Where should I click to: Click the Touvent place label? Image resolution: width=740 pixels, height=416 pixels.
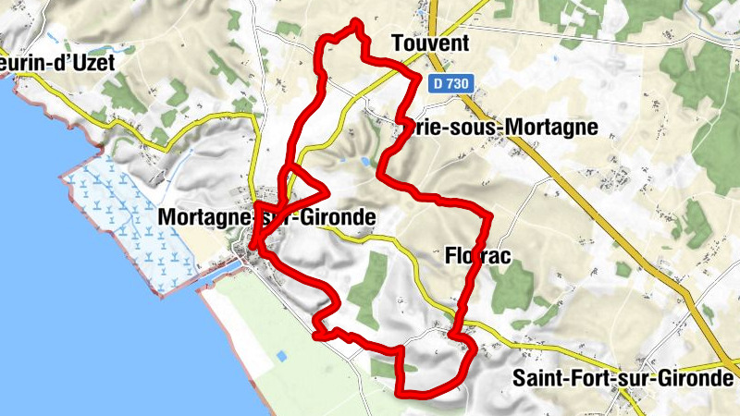pyautogui.click(x=430, y=43)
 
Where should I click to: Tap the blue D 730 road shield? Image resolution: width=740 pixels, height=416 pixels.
pyautogui.click(x=452, y=83)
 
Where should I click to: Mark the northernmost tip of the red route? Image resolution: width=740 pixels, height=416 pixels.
pyautogui.click(x=356, y=22)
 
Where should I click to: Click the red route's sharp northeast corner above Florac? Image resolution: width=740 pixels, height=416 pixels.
pyautogui.click(x=489, y=215)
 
